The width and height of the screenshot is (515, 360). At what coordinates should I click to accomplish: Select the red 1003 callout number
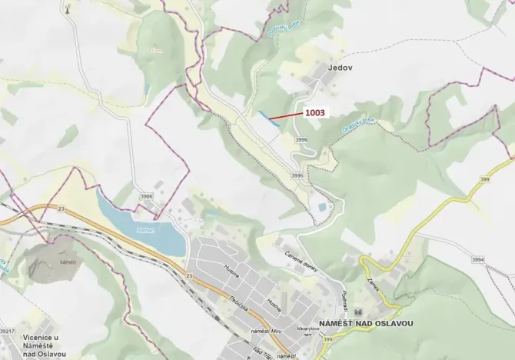click(315, 113)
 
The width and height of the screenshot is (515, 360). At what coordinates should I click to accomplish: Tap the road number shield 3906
click(146, 196)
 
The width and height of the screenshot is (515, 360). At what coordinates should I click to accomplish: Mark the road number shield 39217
click(7, 331)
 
